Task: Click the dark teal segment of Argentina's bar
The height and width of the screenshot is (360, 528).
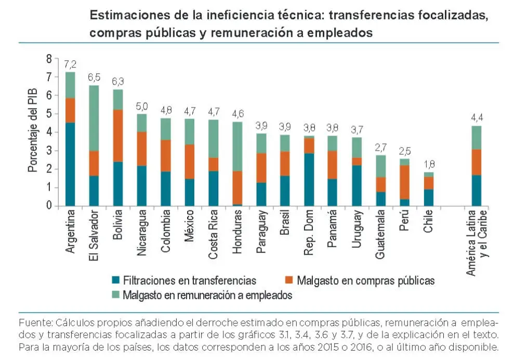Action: pyautogui.click(x=70, y=164)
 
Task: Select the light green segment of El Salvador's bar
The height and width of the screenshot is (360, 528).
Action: pyautogui.click(x=94, y=118)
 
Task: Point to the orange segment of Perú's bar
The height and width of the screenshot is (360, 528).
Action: pyautogui.click(x=404, y=182)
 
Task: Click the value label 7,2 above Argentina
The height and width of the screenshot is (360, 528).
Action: pyautogui.click(x=70, y=65)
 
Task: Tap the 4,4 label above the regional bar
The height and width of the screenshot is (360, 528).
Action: pyautogui.click(x=476, y=118)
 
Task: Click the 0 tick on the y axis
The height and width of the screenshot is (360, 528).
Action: pyautogui.click(x=49, y=206)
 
